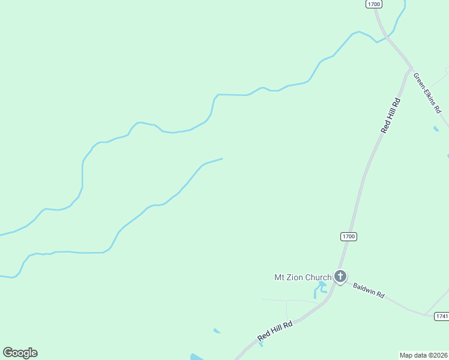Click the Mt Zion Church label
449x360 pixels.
[x=303, y=277]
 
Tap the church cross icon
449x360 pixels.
[x=340, y=277]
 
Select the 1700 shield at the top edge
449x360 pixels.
[x=373, y=4]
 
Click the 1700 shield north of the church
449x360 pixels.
[x=349, y=236]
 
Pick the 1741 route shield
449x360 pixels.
[x=442, y=316]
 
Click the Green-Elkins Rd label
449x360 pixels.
[x=427, y=92]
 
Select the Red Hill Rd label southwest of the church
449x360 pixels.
[x=275, y=331]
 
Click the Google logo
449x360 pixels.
[x=20, y=353]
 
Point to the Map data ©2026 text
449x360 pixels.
[x=423, y=355]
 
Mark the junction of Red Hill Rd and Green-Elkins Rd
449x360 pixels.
[x=411, y=67]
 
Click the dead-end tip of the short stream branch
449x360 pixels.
[x=223, y=159]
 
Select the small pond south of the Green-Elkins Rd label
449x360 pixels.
[x=436, y=128]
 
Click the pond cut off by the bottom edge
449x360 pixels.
[x=196, y=357]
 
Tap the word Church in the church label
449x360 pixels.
[x=318, y=277]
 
